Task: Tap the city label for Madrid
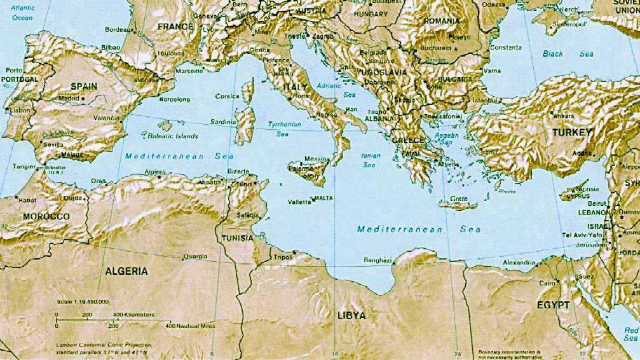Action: (69, 99)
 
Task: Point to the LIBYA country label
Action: (351, 315)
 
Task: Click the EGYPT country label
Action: (552, 305)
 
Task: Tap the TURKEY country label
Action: (571, 132)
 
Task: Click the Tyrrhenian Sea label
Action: (283, 129)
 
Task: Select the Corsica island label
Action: (227, 96)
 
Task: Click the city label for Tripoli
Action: (282, 257)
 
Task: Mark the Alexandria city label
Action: (519, 262)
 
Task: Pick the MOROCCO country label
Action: (46, 217)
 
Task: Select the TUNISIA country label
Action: (238, 238)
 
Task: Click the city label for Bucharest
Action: (435, 47)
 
